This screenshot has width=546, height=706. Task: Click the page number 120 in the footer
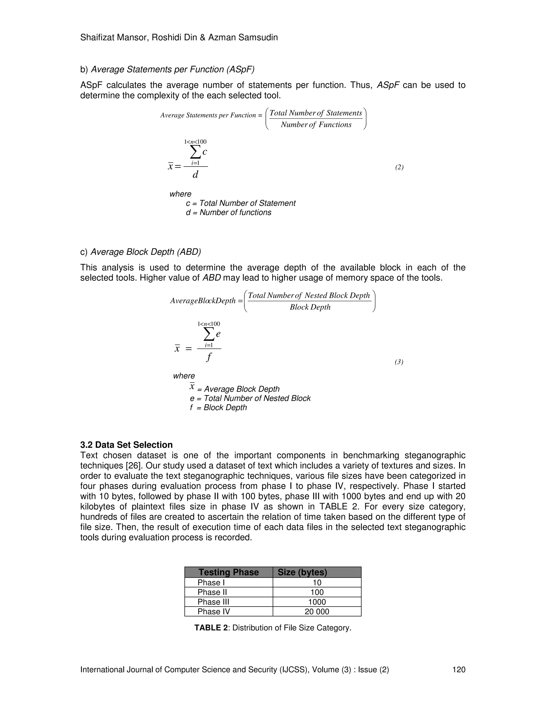pyautogui.click(x=459, y=670)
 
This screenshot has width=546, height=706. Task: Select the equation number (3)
pyautogui.click(x=399, y=362)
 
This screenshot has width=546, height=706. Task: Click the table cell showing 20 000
pyautogui.click(x=317, y=612)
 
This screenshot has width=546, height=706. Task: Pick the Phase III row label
pyautogui.click(x=213, y=602)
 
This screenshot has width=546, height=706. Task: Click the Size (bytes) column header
pyautogui.click(x=302, y=572)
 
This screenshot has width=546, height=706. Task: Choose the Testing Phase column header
pyautogui.click(x=228, y=572)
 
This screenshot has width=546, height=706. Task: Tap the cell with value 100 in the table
pyautogui.click(x=317, y=592)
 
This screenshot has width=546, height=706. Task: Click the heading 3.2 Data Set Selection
pyautogui.click(x=126, y=445)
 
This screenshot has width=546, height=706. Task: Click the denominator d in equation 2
pyautogui.click(x=195, y=175)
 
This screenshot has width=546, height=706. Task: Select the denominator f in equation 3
pyautogui.click(x=209, y=357)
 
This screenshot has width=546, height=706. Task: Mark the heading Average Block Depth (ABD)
pyautogui.click(x=146, y=252)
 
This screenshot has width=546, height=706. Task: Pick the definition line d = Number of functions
pyautogui.click(x=228, y=212)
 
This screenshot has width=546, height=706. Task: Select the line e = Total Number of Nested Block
pyautogui.click(x=250, y=398)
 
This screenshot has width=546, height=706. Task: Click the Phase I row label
pyautogui.click(x=211, y=582)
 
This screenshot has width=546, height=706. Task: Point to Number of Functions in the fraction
pyautogui.click(x=316, y=125)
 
